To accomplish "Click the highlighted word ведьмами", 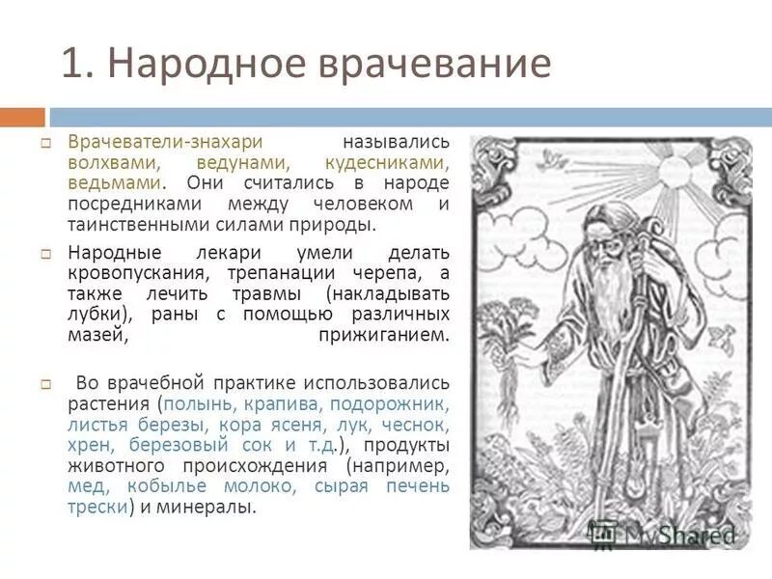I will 113,183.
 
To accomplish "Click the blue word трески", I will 96,507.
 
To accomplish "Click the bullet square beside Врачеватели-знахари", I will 44,143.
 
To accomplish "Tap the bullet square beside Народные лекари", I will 44,254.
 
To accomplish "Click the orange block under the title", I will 22,117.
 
